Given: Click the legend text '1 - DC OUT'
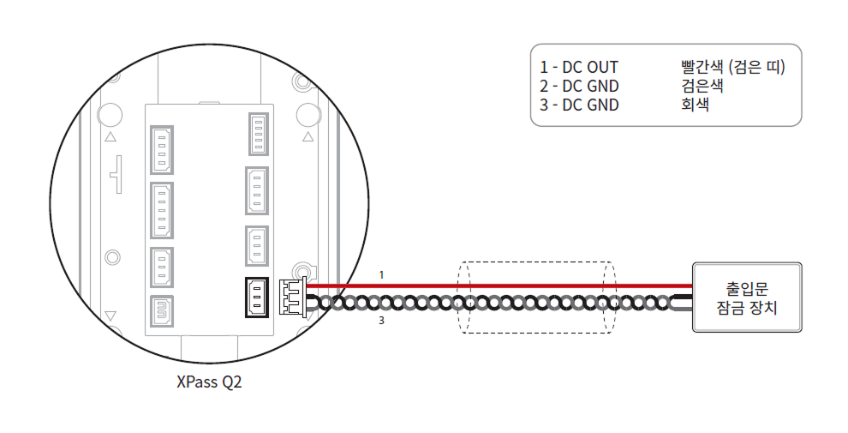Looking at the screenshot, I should [x=579, y=67].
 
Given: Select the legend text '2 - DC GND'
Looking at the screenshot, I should [x=579, y=86].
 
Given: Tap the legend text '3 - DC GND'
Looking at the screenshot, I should [x=579, y=105].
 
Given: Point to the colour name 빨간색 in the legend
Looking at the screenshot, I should [x=700, y=67].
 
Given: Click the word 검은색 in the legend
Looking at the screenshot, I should [x=701, y=86].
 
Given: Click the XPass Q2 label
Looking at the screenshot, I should [x=209, y=383].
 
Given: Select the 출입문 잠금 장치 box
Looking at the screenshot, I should [x=747, y=297].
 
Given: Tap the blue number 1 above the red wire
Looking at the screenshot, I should [x=381, y=274].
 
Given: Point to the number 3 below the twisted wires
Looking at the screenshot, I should [x=381, y=321].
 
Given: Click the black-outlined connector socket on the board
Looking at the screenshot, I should [x=257, y=297].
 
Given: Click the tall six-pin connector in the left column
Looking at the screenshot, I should [x=162, y=210].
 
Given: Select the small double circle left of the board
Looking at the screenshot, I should [x=110, y=256].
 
